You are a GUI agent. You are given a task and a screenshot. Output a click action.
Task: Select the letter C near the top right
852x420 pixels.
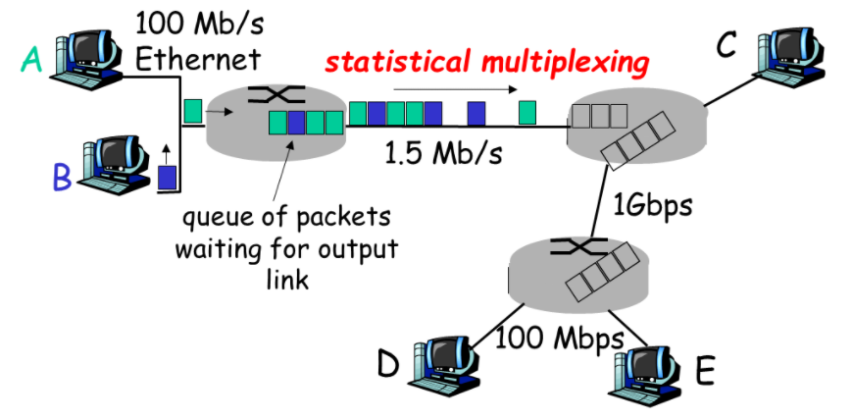[x=727, y=44]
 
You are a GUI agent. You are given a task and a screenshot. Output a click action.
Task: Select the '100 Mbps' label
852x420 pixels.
[x=560, y=339]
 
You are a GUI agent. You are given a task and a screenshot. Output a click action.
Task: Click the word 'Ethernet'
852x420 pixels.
[x=198, y=58]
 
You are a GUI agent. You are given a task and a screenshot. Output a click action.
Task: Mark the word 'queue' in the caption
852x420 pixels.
[x=211, y=216]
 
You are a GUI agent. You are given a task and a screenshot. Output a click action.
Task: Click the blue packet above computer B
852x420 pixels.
[x=168, y=178]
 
